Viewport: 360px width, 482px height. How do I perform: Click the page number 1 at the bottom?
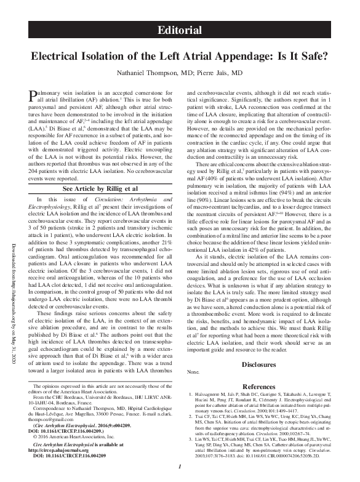[x=179, y=469]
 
